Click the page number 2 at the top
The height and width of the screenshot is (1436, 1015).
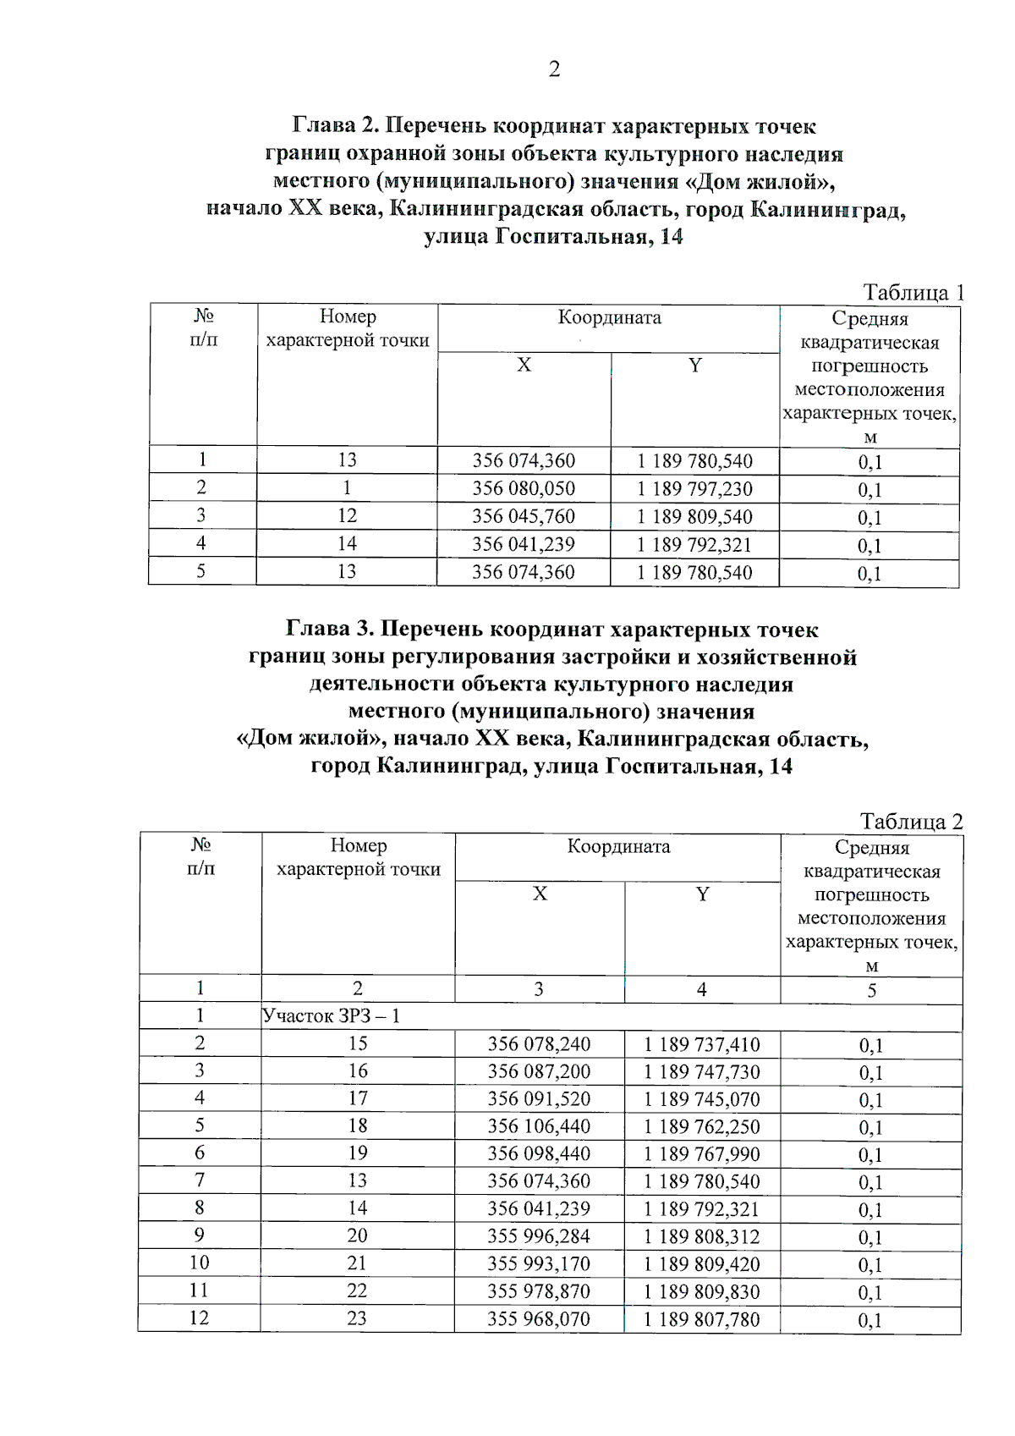[554, 69]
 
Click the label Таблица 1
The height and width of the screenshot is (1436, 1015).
[913, 293]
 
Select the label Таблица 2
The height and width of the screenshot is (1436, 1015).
[911, 822]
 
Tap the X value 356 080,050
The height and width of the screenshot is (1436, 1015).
[524, 489]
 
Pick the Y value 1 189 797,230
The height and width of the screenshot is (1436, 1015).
[694, 489]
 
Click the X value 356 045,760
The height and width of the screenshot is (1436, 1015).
[524, 516]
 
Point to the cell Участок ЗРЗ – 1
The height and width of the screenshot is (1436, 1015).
[331, 1016]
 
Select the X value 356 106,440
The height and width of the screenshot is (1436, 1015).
[539, 1126]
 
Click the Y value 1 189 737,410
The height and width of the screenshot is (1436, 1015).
[701, 1045]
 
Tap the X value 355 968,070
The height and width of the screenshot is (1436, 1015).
[539, 1319]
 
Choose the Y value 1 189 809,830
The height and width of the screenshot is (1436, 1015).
[701, 1292]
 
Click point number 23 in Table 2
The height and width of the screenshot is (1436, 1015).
[357, 1318]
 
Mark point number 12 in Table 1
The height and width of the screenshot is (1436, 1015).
[347, 516]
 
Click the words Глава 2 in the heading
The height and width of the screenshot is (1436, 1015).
[335, 126]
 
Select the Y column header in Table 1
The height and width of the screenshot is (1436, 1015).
[694, 366]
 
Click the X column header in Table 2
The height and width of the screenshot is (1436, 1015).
[540, 894]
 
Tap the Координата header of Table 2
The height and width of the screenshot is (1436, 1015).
[618, 847]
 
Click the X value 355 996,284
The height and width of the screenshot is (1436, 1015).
[539, 1236]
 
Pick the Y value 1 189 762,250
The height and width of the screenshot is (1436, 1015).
[701, 1127]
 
